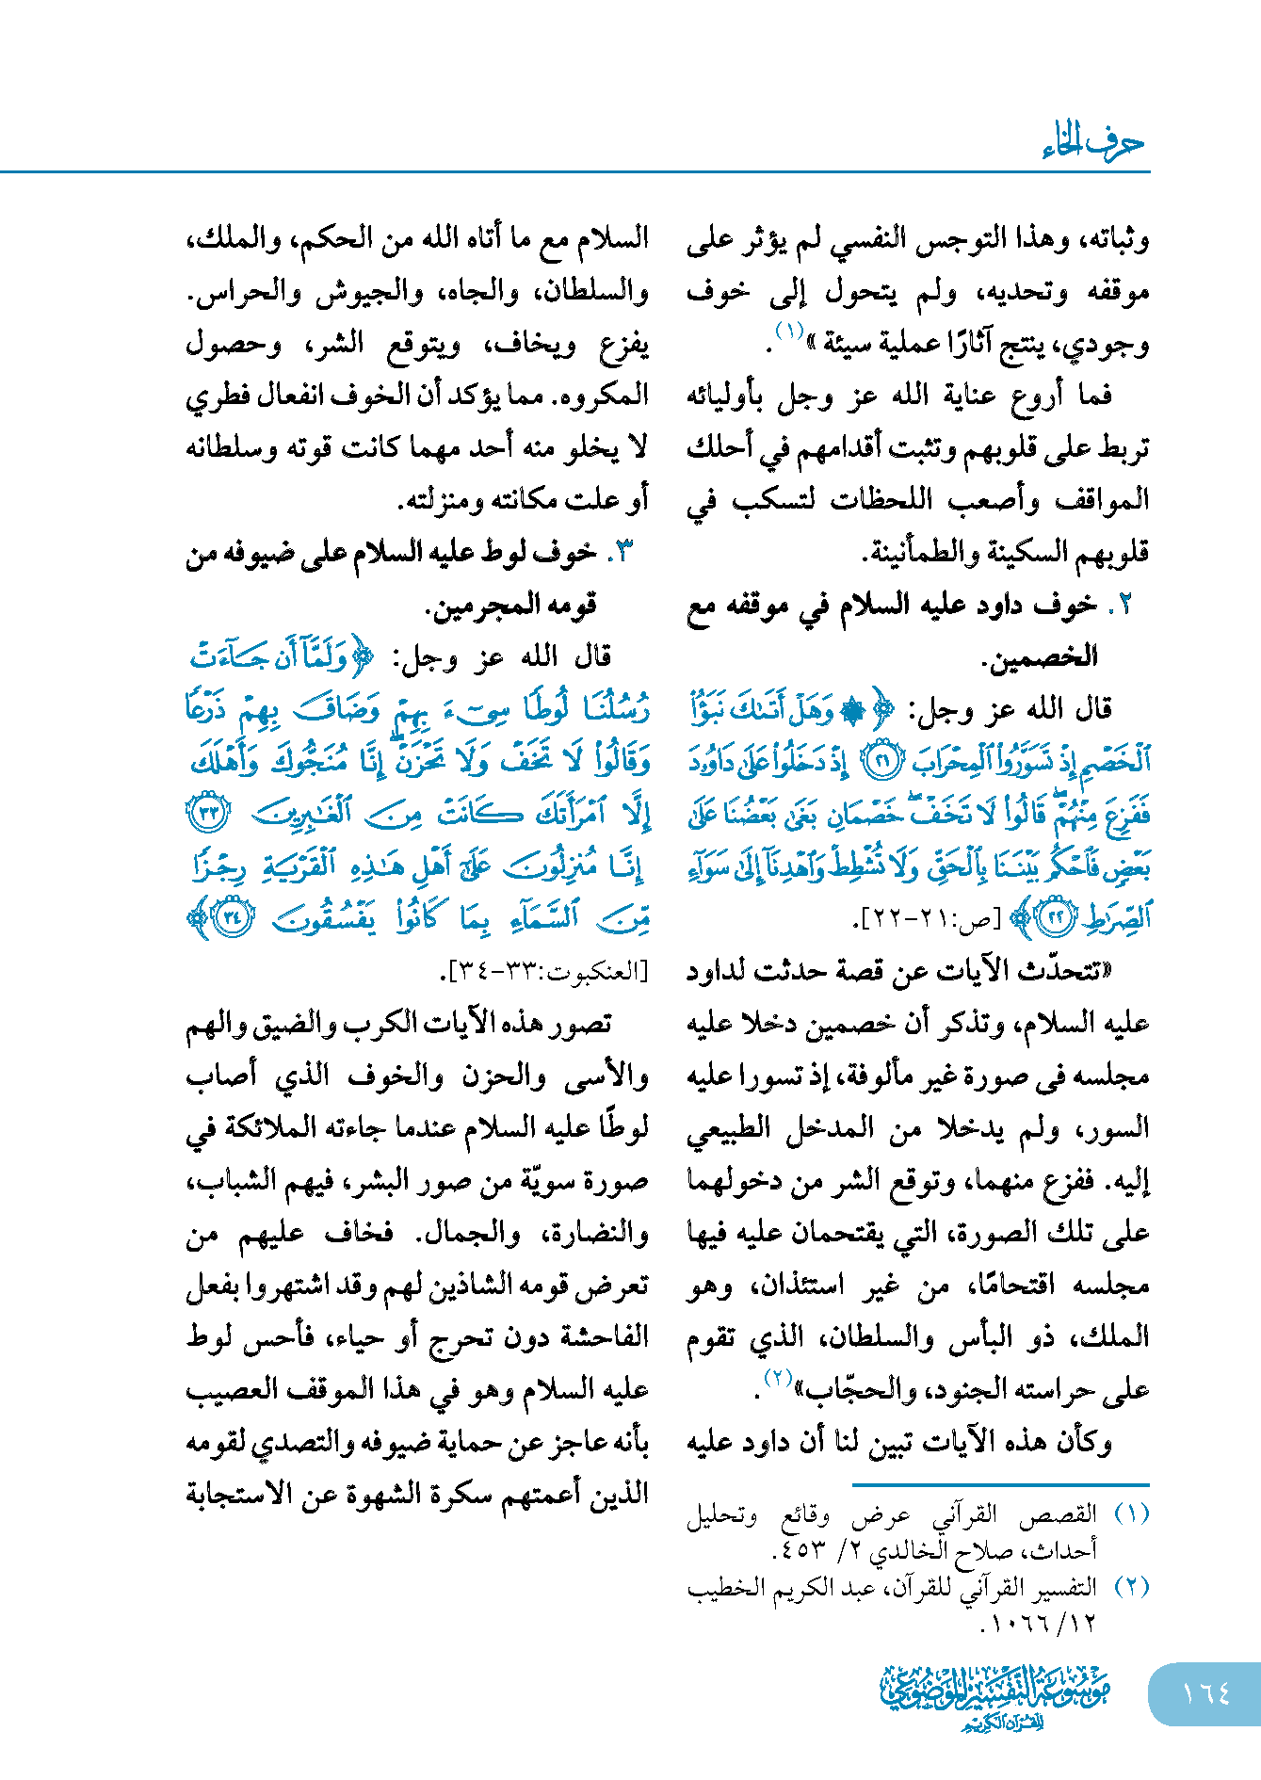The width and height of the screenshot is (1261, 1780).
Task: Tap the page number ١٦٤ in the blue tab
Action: click(1205, 1692)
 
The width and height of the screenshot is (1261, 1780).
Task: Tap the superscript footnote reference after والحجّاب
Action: click(778, 1378)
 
